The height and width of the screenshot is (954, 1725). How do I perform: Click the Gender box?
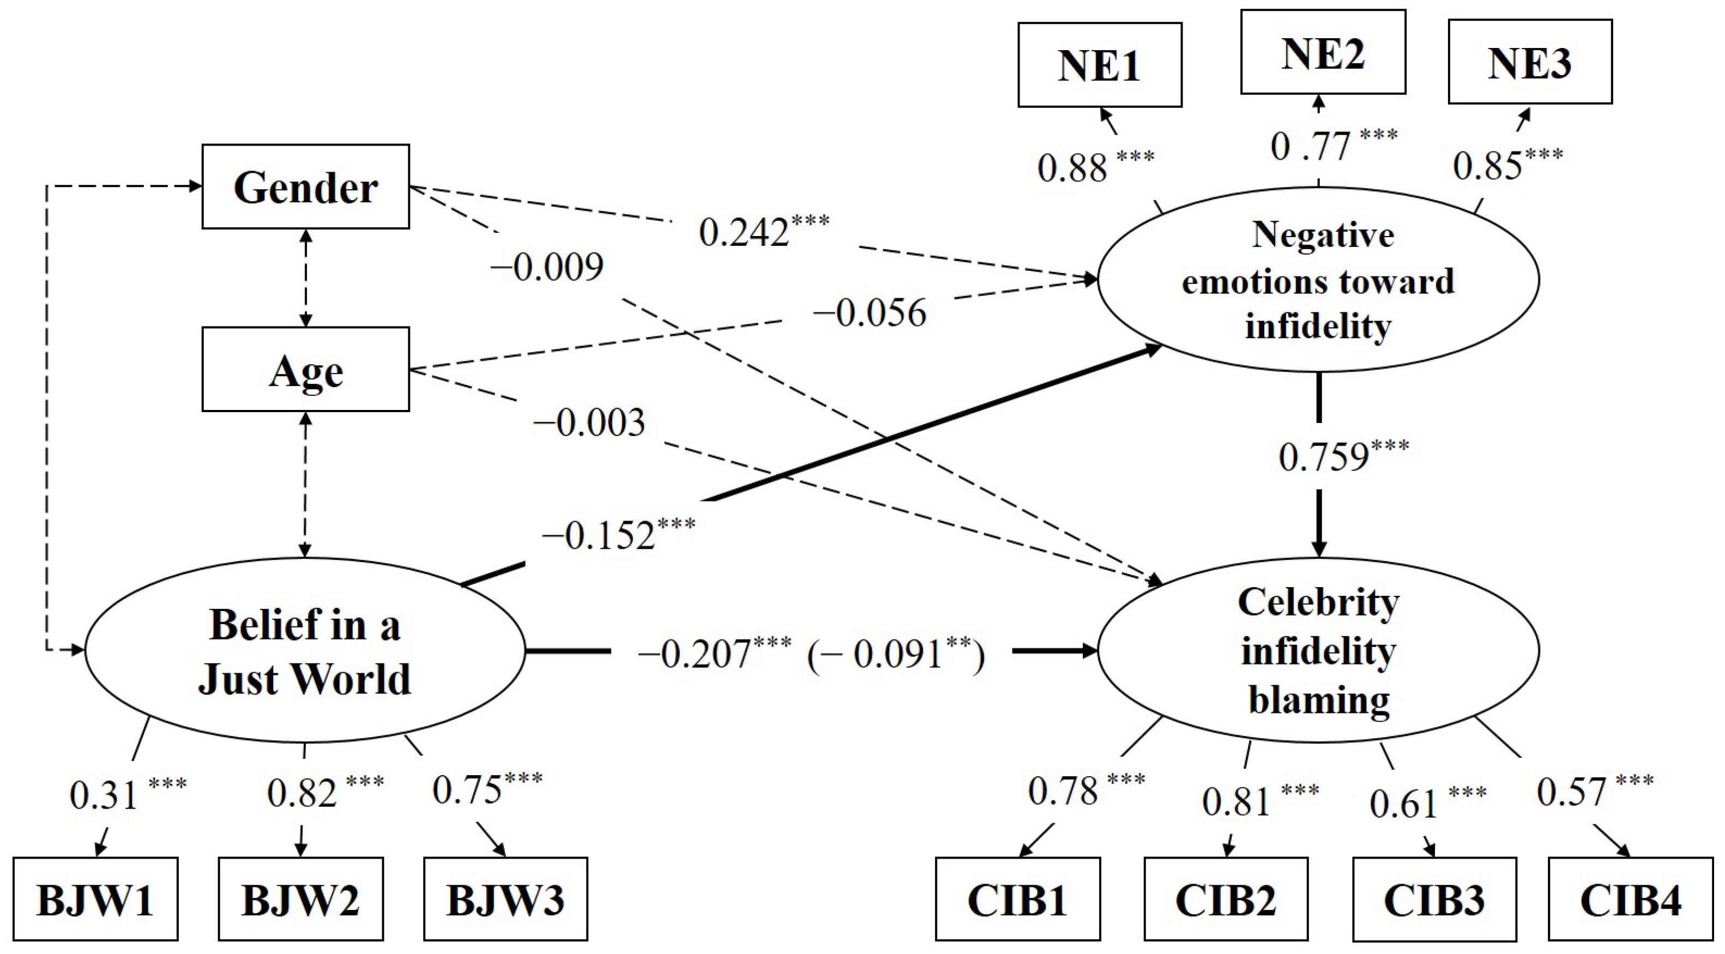tap(305, 187)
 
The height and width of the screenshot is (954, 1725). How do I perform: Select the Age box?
tap(305, 370)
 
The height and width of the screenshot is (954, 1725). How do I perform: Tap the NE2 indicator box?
tap(1323, 52)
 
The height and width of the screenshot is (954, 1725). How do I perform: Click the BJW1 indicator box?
tap(95, 899)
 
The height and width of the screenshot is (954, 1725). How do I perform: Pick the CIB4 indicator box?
tap(1631, 899)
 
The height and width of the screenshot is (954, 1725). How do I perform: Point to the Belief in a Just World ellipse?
tap(305, 650)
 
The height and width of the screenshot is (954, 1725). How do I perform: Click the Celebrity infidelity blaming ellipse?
tap(1318, 650)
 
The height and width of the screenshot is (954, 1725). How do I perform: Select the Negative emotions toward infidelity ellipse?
tap(1318, 280)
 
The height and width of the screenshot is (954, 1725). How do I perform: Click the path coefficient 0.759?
tap(1323, 458)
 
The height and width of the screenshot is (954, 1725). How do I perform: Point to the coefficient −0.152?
tap(599, 535)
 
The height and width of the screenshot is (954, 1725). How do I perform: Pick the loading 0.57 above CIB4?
tap(1572, 792)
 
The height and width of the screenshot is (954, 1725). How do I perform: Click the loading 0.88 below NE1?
tap(1073, 168)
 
